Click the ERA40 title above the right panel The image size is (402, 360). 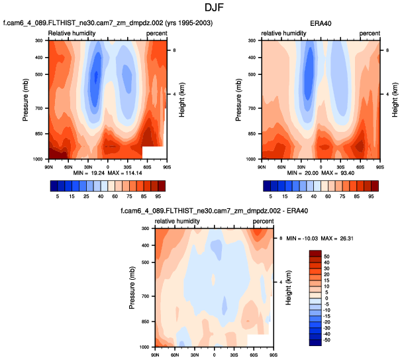321,24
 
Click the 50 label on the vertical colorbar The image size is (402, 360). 327,255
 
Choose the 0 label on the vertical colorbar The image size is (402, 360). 325,298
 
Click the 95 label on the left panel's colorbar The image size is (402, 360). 156,196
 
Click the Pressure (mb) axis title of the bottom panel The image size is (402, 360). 132,287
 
